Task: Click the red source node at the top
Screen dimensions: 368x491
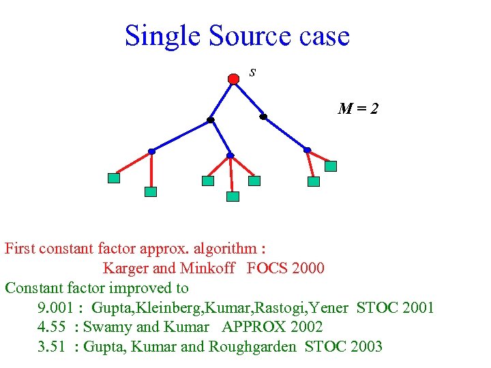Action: pyautogui.click(x=233, y=79)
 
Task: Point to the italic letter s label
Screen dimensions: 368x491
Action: pyautogui.click(x=252, y=72)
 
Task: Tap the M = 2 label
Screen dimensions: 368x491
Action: pyautogui.click(x=358, y=108)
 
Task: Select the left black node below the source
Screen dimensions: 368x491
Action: pyautogui.click(x=211, y=120)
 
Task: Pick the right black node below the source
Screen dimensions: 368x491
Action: pyautogui.click(x=263, y=117)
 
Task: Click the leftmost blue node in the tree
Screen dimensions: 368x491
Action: pyautogui.click(x=151, y=151)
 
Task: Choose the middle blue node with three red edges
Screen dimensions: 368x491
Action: pyautogui.click(x=230, y=155)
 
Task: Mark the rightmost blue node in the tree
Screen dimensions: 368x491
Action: pyautogui.click(x=307, y=150)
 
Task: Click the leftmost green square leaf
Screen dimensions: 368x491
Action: pyautogui.click(x=114, y=178)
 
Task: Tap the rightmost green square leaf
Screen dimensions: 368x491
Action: pyautogui.click(x=331, y=166)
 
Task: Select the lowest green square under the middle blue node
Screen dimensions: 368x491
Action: pyautogui.click(x=233, y=196)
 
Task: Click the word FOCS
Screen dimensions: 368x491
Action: pyautogui.click(x=267, y=269)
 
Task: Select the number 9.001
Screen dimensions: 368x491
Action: pyautogui.click(x=55, y=307)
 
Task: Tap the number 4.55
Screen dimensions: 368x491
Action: pyautogui.click(x=51, y=327)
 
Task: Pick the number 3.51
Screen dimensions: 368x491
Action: pyautogui.click(x=51, y=347)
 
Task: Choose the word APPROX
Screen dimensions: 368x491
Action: pyautogui.click(x=253, y=327)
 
